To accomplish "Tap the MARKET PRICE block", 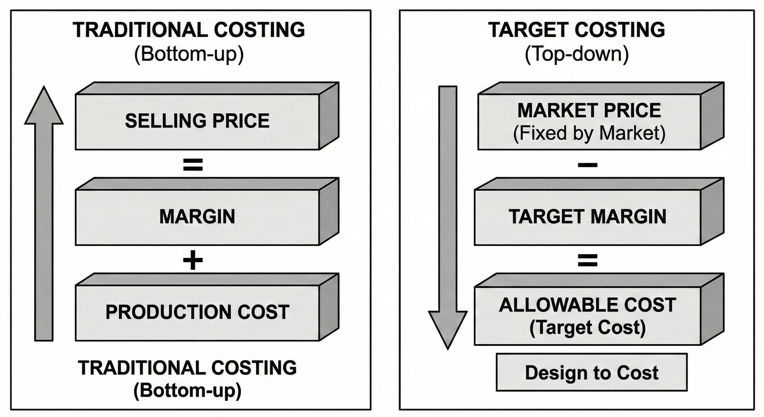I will [x=589, y=122].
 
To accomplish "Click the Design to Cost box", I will [x=592, y=372].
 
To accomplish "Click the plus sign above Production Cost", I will [x=193, y=260].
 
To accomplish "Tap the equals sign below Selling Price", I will [x=193, y=165].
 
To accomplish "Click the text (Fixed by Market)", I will [x=589, y=133].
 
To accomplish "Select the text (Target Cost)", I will [x=588, y=328].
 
